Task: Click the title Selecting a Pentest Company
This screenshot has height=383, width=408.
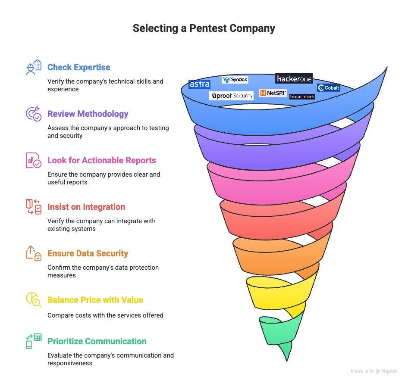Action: [204, 29]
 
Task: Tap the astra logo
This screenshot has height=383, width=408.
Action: [199, 84]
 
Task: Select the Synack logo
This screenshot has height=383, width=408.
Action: [235, 80]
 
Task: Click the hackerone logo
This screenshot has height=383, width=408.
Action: [294, 78]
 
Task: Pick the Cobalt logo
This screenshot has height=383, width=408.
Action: [328, 87]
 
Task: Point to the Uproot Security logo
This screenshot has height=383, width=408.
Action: [232, 96]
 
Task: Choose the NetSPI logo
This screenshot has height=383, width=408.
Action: [273, 93]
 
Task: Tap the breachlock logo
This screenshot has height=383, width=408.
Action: [302, 97]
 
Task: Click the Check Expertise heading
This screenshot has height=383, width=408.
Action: [79, 67]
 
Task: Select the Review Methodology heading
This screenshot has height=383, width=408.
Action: [88, 114]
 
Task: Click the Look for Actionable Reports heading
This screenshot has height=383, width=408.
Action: [102, 160]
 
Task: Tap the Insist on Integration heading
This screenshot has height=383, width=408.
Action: [86, 207]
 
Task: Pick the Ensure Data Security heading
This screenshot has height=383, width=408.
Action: [88, 253]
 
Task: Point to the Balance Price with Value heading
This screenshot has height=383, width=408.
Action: [95, 300]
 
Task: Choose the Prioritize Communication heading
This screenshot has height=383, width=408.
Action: [97, 341]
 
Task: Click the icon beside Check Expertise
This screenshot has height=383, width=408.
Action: [34, 68]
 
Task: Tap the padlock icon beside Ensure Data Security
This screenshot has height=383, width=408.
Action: [34, 253]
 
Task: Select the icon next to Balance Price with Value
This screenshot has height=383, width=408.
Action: [34, 299]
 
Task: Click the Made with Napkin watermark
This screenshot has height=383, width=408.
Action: [374, 371]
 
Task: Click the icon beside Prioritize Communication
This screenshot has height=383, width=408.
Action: [34, 341]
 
